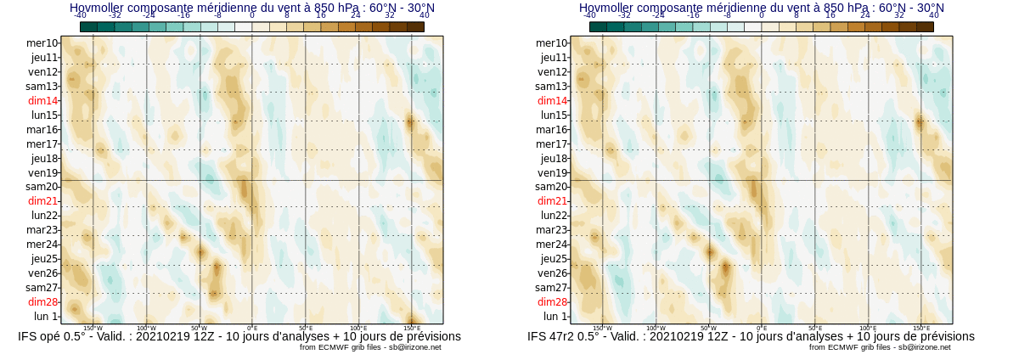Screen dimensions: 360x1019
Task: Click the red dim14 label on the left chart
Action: (x=42, y=101)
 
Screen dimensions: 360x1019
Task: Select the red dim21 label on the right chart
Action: (x=552, y=201)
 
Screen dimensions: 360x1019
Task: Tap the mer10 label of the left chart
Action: (x=42, y=43)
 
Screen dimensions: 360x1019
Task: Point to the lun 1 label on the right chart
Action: (x=555, y=317)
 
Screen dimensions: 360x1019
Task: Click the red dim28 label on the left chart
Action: (x=42, y=302)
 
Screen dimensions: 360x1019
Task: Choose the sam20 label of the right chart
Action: (x=551, y=187)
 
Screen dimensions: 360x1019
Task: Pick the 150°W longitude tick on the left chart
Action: (x=93, y=328)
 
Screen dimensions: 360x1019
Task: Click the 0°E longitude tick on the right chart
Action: (x=762, y=328)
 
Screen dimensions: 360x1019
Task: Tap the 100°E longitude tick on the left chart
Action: (x=358, y=328)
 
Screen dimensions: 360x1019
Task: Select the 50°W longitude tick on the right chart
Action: (x=708, y=328)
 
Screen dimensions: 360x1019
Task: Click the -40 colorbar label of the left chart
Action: (x=80, y=15)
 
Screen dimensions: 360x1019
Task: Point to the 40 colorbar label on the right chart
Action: (x=934, y=15)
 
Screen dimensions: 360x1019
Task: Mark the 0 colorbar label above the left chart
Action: (x=252, y=15)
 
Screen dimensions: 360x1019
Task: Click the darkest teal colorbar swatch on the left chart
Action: (x=88, y=27)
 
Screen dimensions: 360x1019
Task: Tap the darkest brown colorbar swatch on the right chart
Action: (x=925, y=27)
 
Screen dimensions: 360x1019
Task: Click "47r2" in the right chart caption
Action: (x=567, y=337)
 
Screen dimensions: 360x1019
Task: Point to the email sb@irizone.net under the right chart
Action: (x=922, y=347)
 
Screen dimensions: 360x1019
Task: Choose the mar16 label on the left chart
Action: (x=42, y=130)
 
